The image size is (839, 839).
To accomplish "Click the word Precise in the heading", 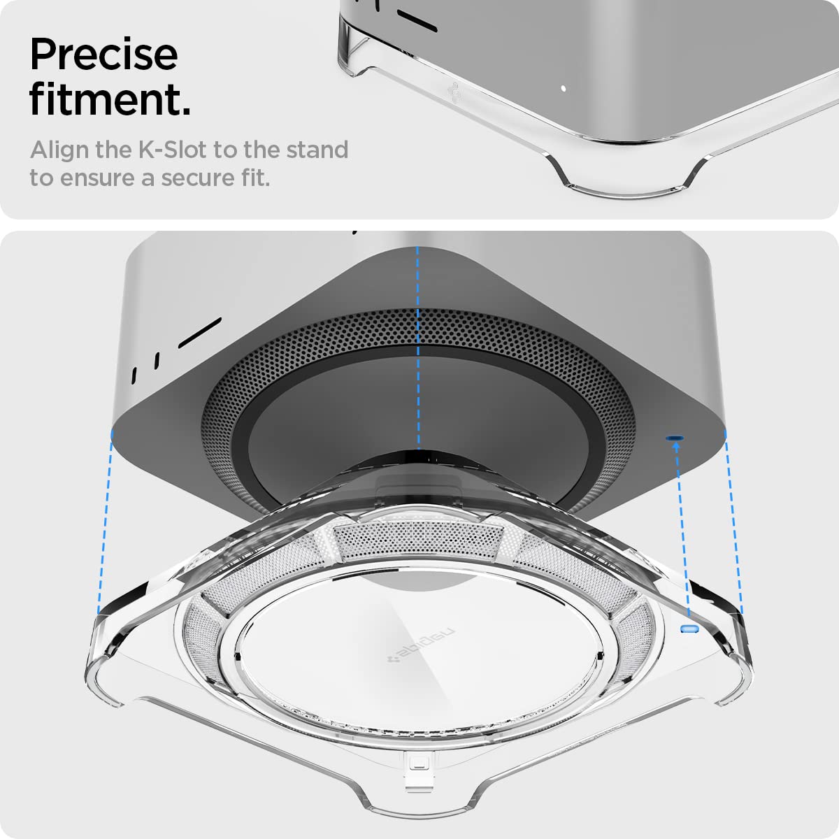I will click(103, 55).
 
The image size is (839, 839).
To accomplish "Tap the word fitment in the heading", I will click(109, 100).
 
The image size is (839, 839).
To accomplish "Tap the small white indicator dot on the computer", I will click(564, 89).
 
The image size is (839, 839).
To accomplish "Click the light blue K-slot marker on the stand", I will click(690, 629).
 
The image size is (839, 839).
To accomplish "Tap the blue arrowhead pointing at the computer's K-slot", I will click(676, 447).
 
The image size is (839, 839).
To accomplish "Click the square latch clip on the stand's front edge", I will click(418, 765).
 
